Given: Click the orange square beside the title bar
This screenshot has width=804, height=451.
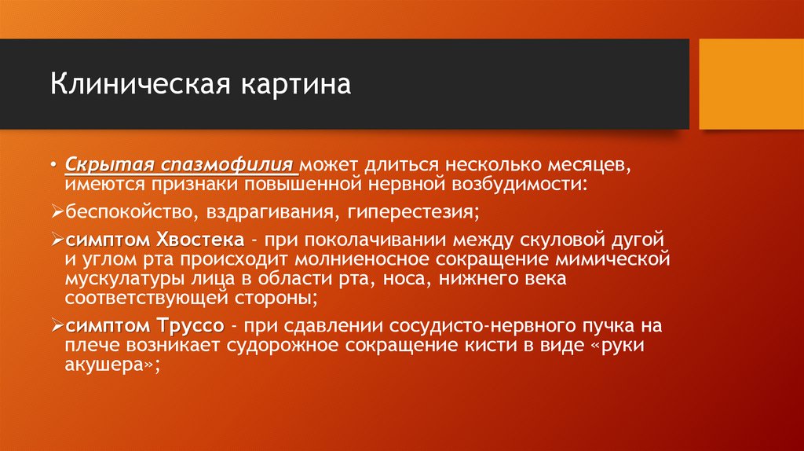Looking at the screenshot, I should [751, 84].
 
